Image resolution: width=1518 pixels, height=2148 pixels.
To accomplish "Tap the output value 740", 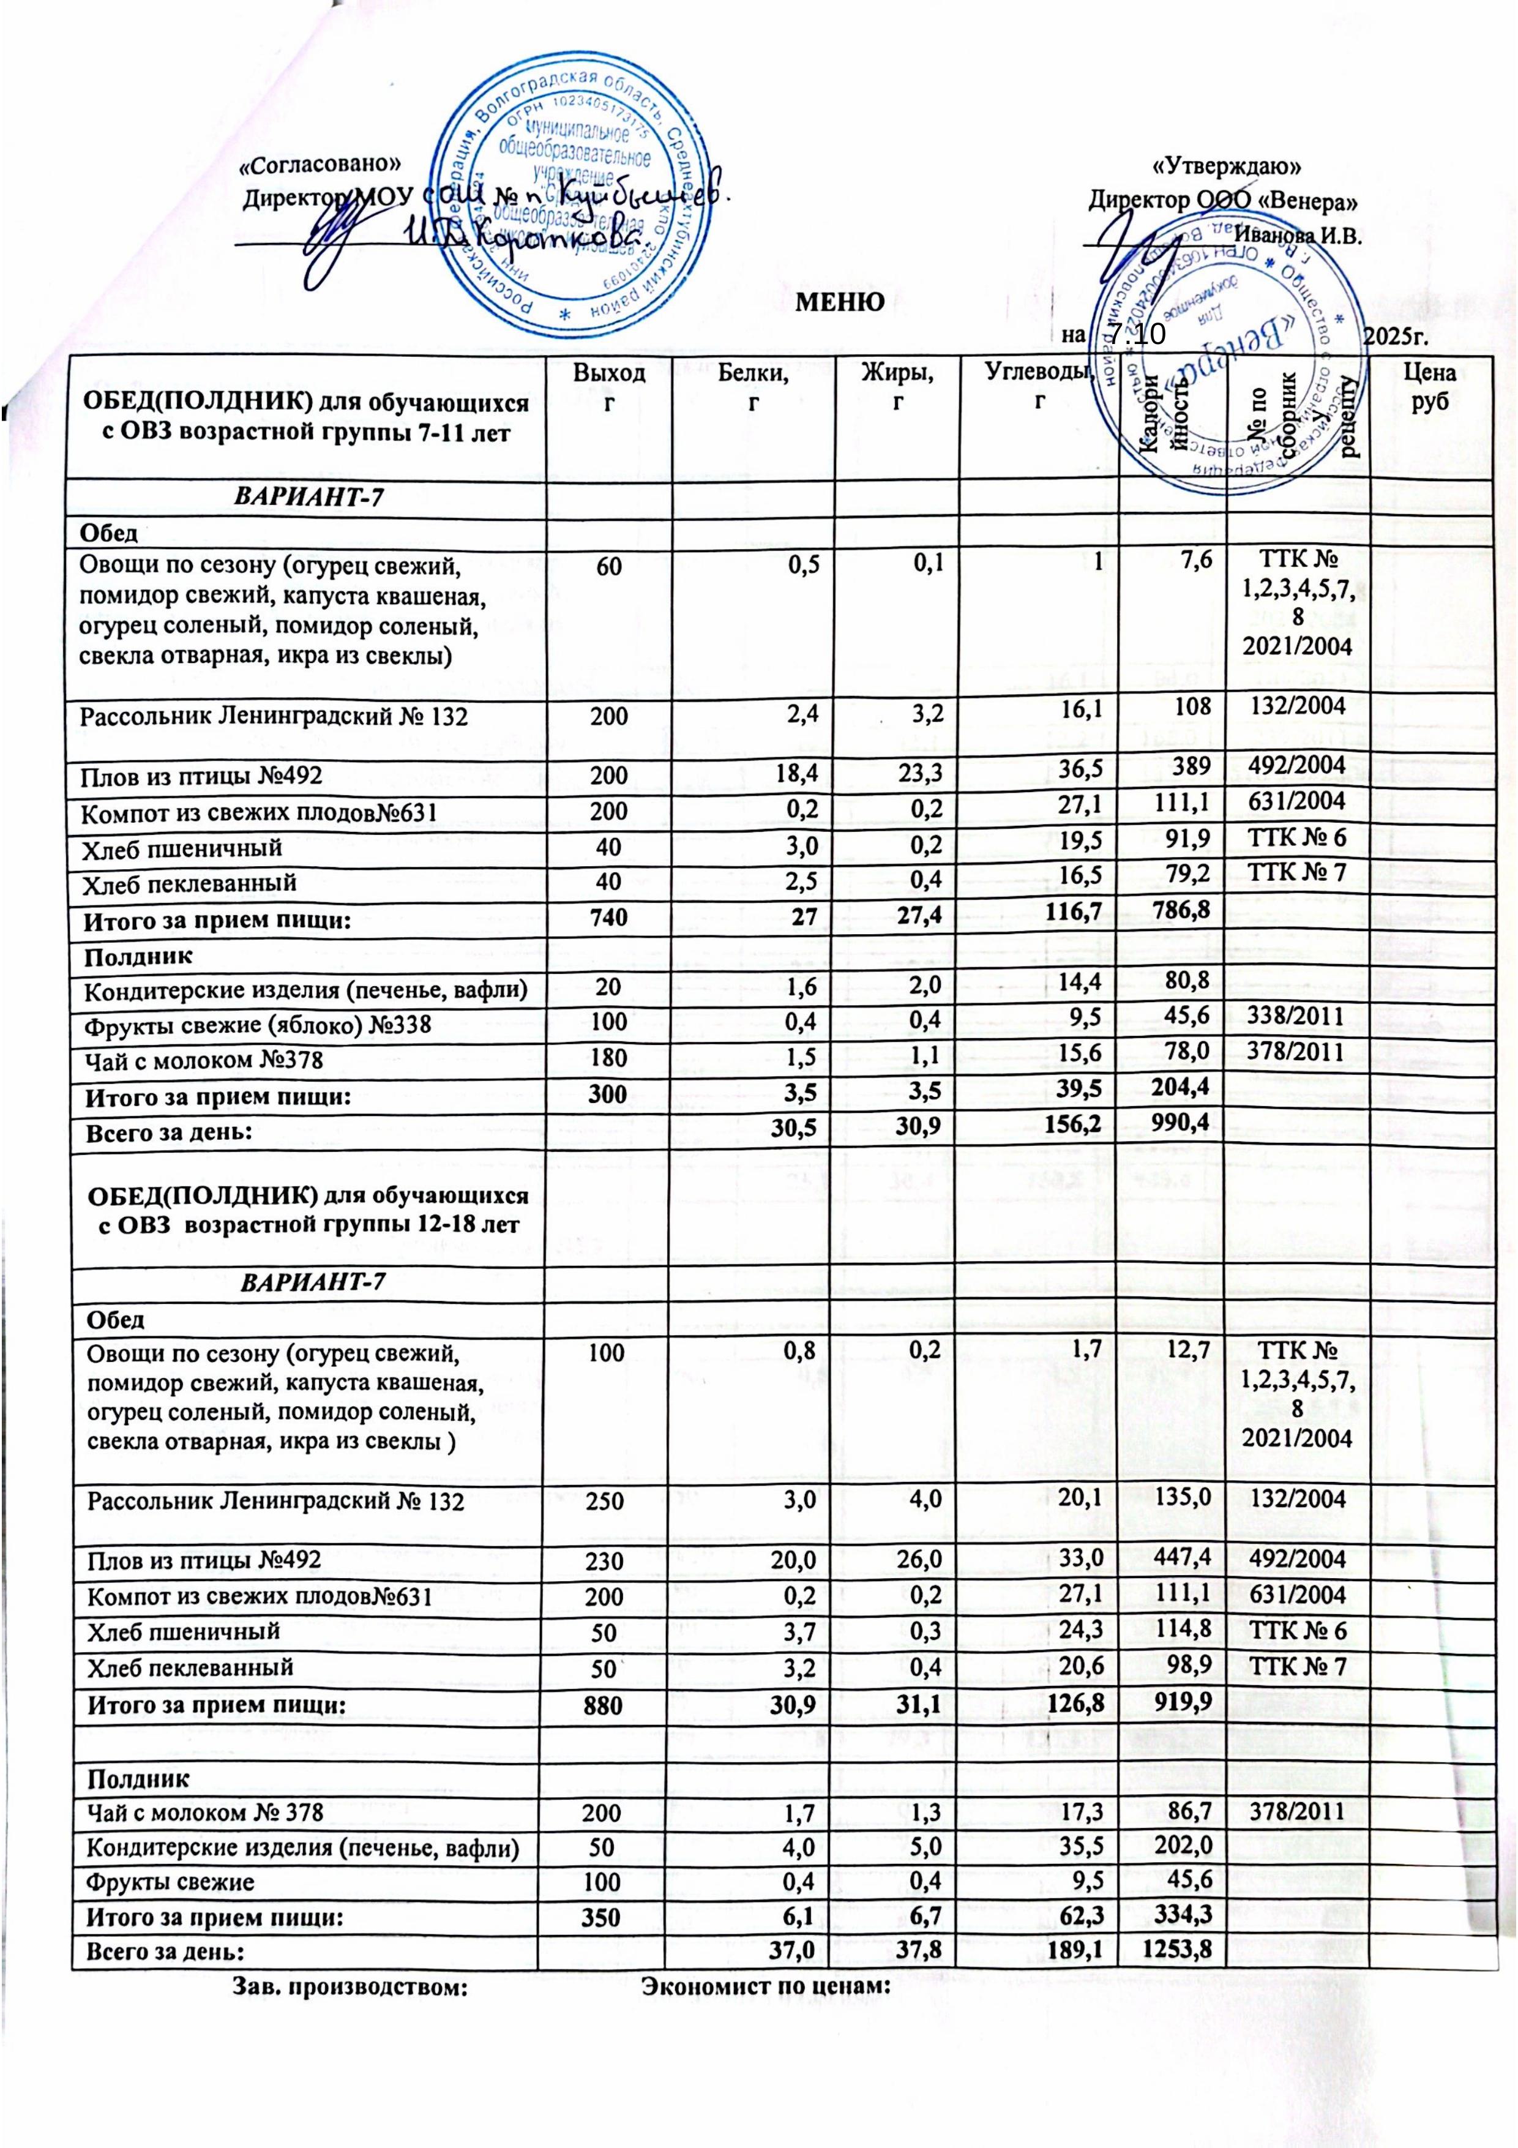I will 608,921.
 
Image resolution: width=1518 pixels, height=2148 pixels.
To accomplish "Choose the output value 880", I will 608,1705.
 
